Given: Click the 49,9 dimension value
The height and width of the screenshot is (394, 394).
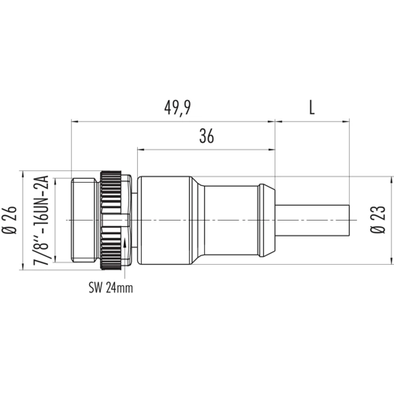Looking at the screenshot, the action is pos(177,108).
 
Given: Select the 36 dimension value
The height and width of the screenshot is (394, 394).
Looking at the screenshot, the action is pos(206,136).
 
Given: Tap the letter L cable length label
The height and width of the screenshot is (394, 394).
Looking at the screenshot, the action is pos(311,108).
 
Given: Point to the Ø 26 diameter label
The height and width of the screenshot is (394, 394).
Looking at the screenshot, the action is pos(10,220).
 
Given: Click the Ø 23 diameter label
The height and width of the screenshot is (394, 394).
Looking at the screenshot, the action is pos(378,219).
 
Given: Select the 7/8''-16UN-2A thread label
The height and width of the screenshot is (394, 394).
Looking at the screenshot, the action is pos(41,220).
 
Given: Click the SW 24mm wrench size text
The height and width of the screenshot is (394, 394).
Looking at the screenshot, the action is pos(110,288).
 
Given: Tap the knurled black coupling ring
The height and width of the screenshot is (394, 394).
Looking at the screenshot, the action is pos(110,220).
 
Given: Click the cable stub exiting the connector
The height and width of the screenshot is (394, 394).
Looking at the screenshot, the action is pos(313,220).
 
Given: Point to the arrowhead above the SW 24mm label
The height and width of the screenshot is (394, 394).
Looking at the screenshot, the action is pos(125,243).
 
